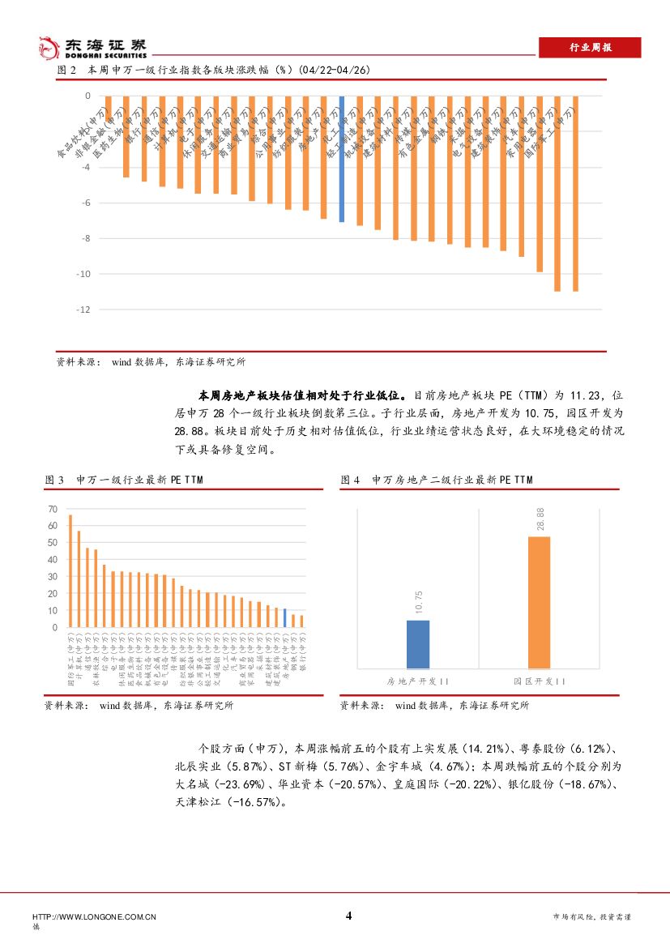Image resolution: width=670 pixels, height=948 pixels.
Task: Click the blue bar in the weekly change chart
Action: click(342, 159)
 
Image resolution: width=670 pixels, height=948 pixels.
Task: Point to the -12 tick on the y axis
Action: click(83, 310)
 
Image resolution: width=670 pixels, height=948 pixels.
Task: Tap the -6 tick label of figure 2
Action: click(86, 203)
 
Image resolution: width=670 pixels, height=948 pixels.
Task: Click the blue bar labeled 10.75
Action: click(418, 643)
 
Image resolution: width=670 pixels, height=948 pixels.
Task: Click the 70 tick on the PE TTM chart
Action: click(53, 509)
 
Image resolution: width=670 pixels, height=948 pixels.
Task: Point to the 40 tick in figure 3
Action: click(53, 560)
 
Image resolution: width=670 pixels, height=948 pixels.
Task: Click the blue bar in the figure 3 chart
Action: click(284, 618)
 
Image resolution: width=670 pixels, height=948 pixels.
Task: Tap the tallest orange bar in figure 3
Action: click(70, 571)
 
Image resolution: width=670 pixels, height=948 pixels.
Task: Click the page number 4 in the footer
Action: click(348, 916)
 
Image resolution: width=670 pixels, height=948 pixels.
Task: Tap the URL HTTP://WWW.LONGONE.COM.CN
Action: click(94, 916)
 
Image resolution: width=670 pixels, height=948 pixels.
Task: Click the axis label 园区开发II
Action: click(539, 681)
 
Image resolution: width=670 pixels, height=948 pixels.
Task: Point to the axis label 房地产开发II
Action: click(418, 681)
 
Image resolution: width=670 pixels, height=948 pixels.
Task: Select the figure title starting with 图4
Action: click(437, 480)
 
